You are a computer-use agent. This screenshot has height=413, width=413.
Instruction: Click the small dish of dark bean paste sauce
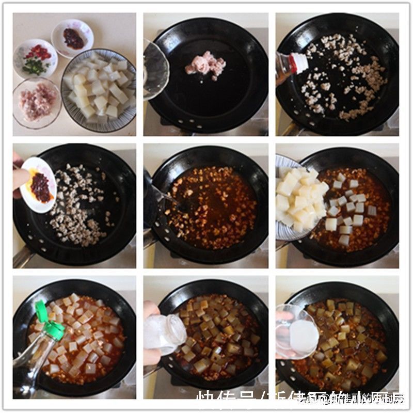[73, 38]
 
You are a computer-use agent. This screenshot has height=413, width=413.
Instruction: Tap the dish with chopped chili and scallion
[35, 58]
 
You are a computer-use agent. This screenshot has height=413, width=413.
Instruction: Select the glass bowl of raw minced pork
[37, 102]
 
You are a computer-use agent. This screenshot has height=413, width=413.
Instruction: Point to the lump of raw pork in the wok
[206, 65]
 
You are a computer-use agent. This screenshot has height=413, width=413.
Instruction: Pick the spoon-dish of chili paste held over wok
[39, 185]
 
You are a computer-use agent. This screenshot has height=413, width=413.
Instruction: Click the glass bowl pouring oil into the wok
[155, 70]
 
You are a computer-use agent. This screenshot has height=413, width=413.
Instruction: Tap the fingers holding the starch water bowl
[283, 316]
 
